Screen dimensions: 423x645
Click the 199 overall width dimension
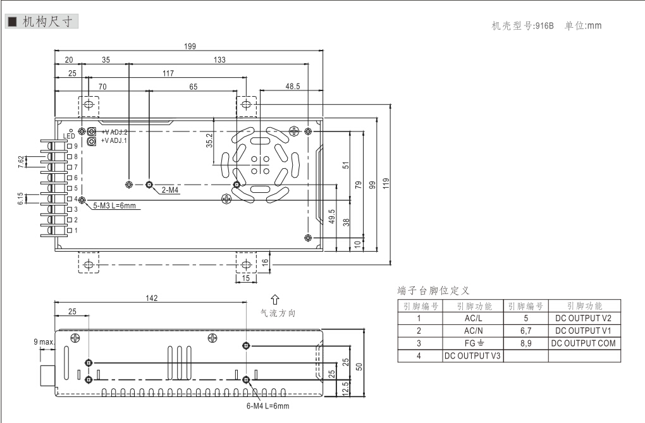[190, 46]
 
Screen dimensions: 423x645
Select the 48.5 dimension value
[292, 87]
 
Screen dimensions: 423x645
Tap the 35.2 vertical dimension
[209, 140]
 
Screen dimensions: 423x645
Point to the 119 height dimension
[385, 183]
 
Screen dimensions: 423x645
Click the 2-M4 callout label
[170, 190]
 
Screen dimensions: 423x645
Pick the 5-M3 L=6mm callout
[114, 205]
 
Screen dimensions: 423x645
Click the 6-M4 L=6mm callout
[267, 405]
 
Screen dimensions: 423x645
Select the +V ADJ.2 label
[114, 132]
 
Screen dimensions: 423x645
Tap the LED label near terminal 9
[70, 136]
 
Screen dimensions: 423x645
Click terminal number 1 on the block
[76, 230]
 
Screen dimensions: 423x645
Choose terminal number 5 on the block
[76, 188]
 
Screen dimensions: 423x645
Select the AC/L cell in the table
[472, 318]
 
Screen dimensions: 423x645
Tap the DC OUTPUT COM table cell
[583, 343]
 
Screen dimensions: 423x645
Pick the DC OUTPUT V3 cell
[472, 356]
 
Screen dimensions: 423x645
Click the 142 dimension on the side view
[151, 298]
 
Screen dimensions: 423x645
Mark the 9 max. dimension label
[44, 342]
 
